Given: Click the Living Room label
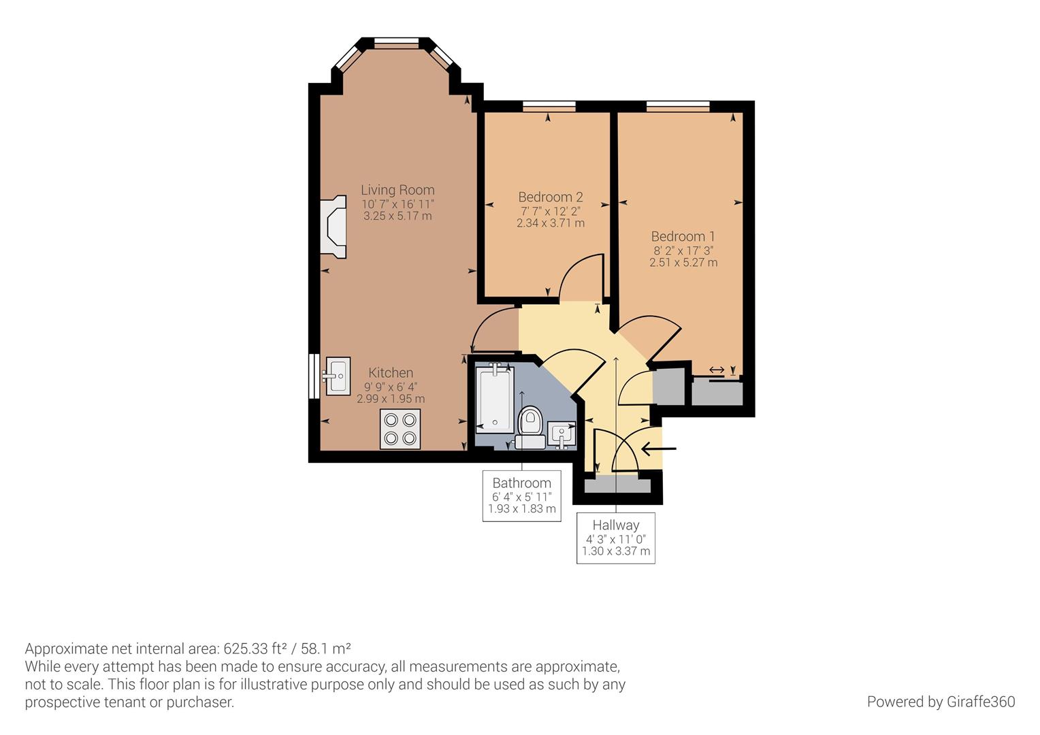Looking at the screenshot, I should tap(397, 190).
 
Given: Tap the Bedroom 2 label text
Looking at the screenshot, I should tap(550, 197).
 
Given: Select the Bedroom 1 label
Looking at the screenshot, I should tap(683, 236).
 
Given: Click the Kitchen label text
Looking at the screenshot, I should tap(391, 372).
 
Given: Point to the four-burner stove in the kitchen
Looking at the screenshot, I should tap(400, 429).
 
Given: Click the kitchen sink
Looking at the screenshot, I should tap(338, 376).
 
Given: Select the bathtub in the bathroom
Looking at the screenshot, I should tap(494, 398).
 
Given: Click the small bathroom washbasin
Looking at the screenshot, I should tap(562, 434).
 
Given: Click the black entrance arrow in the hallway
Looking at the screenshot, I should tap(659, 448).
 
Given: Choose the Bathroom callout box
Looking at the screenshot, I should tap(522, 495).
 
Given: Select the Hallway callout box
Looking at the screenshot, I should tap(616, 538).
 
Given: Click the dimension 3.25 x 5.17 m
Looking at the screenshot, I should tap(397, 216).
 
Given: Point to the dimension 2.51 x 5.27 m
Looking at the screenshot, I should tap(683, 263).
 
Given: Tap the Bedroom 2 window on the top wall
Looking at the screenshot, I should tap(549, 105).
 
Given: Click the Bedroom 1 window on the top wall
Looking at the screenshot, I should tap(678, 105).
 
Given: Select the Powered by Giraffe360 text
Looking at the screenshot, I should tap(941, 702).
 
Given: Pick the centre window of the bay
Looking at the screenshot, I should tap(396, 44).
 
